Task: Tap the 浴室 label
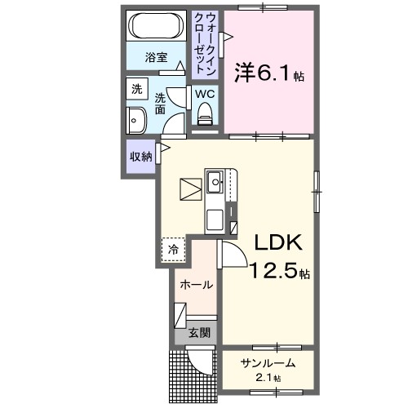click(x=157, y=58)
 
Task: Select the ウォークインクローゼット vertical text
click(x=205, y=42)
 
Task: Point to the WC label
click(x=204, y=94)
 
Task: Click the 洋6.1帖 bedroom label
click(x=270, y=73)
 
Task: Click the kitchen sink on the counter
click(x=216, y=182)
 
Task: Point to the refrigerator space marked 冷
click(x=173, y=248)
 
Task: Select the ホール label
click(x=197, y=286)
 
